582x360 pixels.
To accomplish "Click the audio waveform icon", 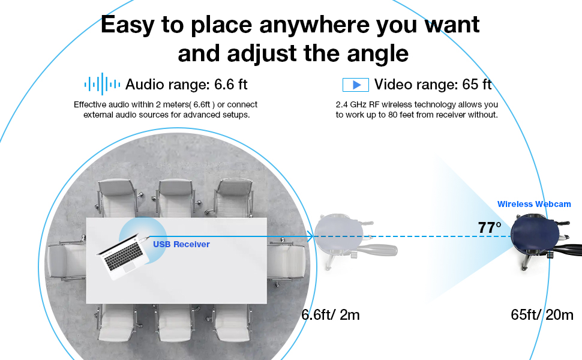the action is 102,84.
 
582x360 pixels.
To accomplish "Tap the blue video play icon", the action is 356,85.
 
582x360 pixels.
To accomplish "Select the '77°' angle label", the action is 489,227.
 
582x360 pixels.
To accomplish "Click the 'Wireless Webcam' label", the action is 534,204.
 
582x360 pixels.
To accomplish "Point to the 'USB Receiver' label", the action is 182,244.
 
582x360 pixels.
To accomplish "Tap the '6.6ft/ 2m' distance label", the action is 331,315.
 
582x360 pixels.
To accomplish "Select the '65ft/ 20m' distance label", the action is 542,315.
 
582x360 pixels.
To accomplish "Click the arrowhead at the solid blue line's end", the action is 311,236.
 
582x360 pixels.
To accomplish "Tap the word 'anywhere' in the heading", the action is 314,25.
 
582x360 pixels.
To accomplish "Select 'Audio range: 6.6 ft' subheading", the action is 187,85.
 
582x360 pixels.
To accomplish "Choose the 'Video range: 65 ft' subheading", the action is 433,85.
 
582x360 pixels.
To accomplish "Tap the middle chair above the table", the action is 175,198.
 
